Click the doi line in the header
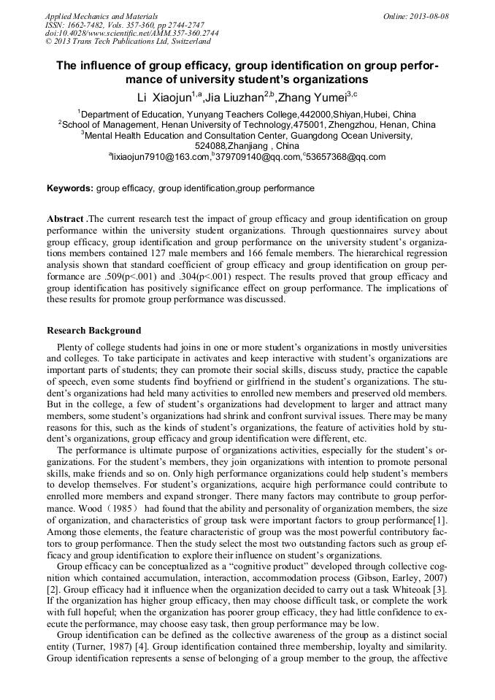pyautogui.click(x=131, y=33)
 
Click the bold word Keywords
pyautogui.click(x=70, y=188)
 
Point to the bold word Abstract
pyautogui.click(x=66, y=219)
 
